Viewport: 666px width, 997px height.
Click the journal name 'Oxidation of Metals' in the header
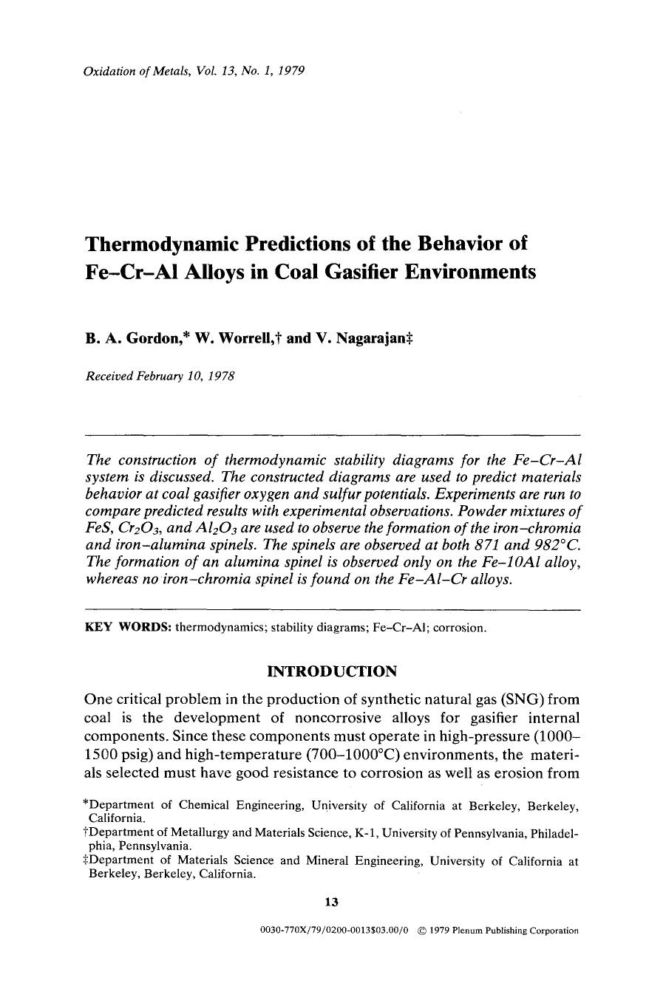(x=132, y=72)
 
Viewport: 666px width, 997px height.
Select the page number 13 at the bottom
(x=331, y=901)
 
